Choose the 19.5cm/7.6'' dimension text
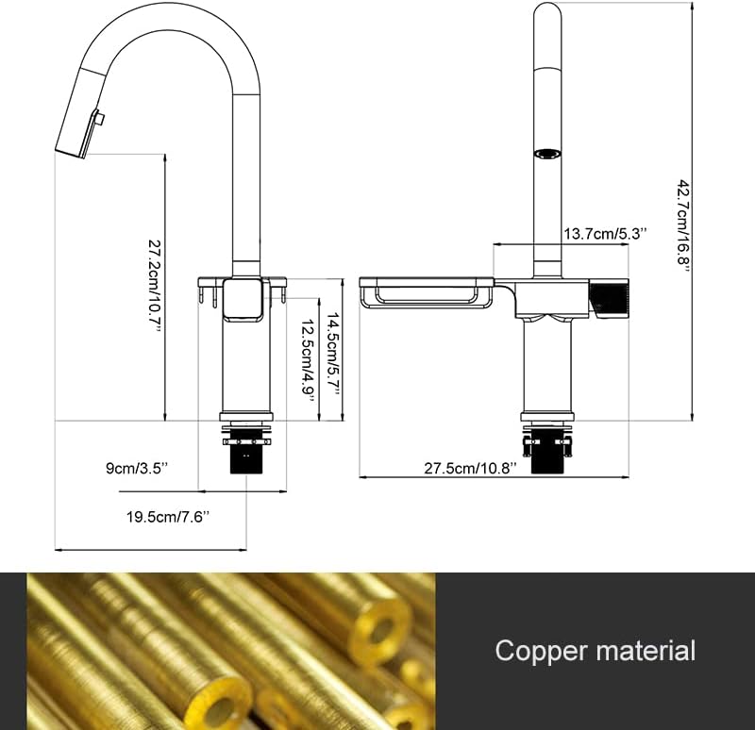(x=168, y=516)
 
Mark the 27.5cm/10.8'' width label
(x=470, y=468)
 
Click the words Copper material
(x=595, y=651)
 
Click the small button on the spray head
(x=99, y=120)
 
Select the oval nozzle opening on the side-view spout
(x=546, y=153)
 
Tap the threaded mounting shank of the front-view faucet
(x=247, y=458)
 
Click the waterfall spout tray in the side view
(x=427, y=293)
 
